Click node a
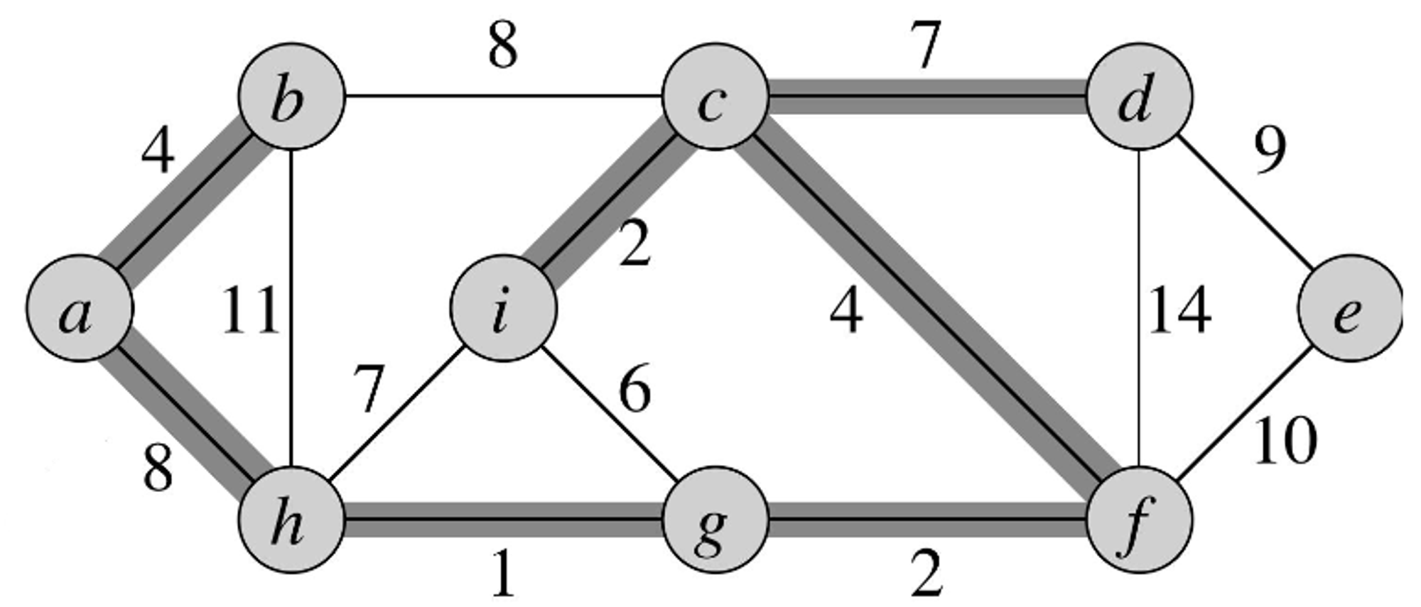79,309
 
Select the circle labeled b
291,97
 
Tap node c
715,97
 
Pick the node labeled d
1140,97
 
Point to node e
1350,309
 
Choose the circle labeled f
1140,520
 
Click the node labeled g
715,520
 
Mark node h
291,520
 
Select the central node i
503,309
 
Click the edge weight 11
249,310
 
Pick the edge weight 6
634,390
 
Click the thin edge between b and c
503,96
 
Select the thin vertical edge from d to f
1140,309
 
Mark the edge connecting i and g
607,413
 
